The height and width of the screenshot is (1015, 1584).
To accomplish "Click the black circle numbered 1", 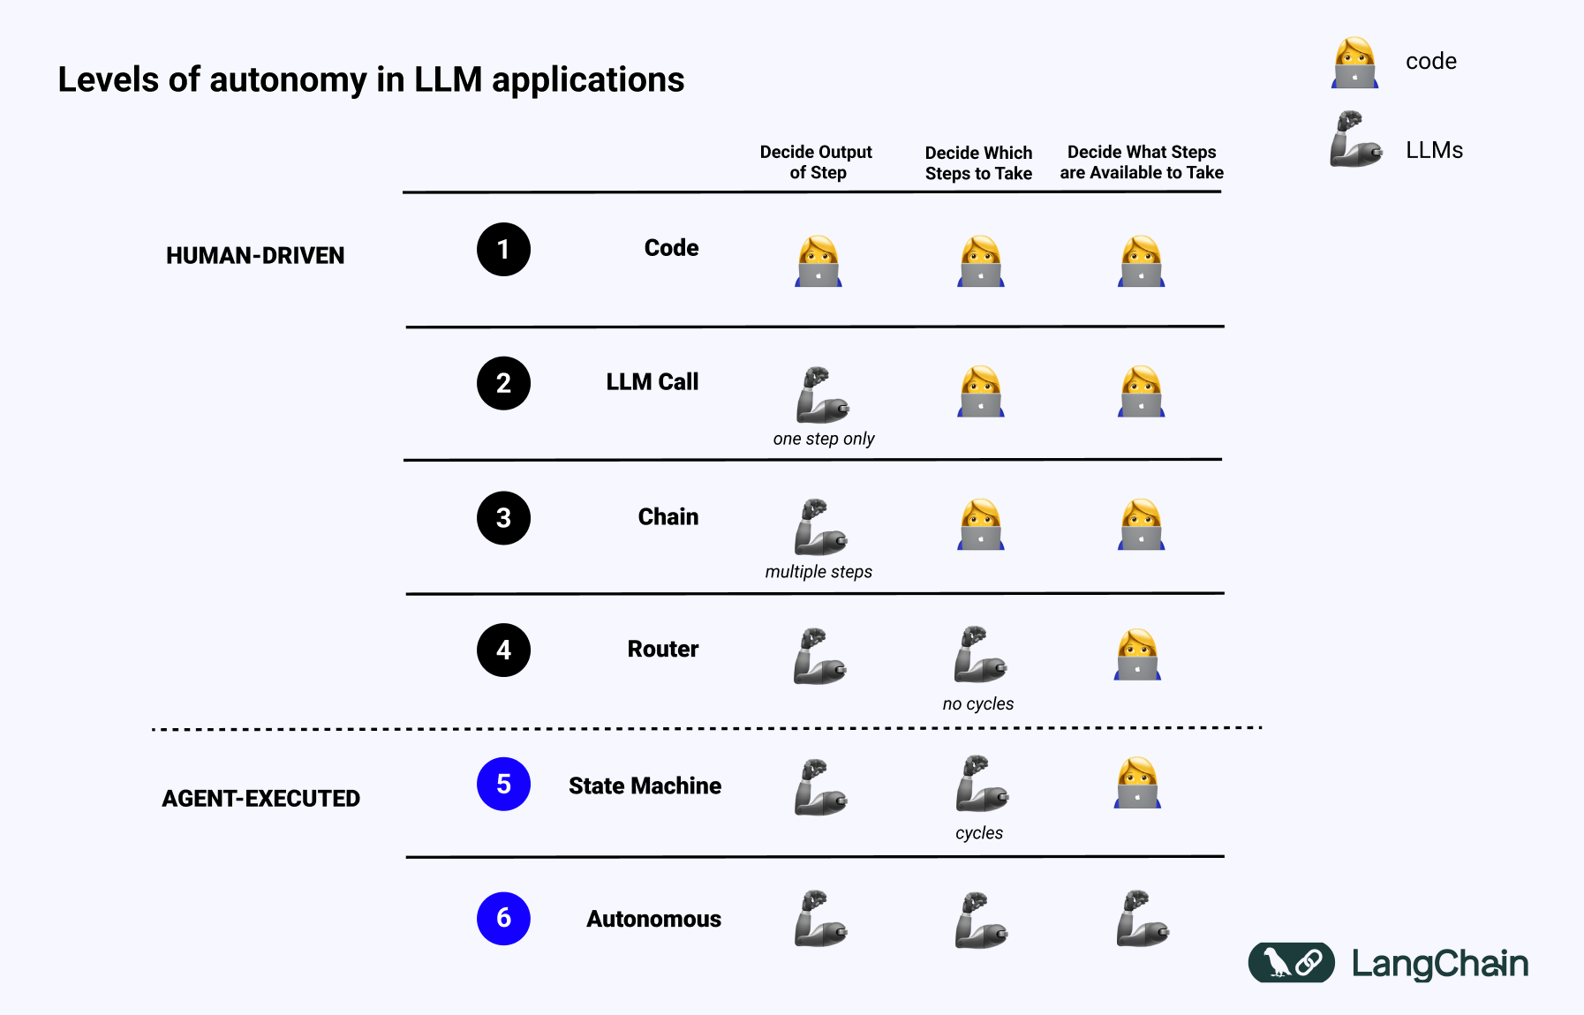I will pos(503,250).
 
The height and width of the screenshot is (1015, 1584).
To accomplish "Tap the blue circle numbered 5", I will pos(503,784).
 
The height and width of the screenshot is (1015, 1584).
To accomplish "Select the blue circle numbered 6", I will pos(503,918).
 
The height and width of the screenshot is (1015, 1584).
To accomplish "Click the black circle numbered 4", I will pos(503,650).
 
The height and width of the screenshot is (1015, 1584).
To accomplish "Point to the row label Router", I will pos(662,650).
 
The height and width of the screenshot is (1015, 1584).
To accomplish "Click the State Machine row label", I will pos(645,786).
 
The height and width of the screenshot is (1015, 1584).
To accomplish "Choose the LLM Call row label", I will pos(652,382).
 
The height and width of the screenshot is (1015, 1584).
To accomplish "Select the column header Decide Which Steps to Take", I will pos(978,163).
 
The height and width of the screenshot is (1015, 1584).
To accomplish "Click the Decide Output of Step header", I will pos(816,162).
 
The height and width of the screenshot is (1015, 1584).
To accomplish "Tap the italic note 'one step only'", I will pos(823,439).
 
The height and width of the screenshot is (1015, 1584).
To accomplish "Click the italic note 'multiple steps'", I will pos(818,572).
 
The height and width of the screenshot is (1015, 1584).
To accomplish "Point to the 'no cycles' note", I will pos(977,703).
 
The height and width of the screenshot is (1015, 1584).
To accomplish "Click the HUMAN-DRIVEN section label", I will pos(255,256).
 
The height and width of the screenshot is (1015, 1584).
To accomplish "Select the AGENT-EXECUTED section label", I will pos(260,799).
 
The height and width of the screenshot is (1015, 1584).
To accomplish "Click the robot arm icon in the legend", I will pos(1354,139).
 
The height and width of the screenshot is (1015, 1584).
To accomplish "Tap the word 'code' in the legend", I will pos(1430,62).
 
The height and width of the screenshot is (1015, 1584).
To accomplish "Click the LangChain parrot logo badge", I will pos(1291,962).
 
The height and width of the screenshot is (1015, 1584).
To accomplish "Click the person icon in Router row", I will pos(1137,654).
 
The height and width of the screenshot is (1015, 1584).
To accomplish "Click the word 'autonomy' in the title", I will pos(288,80).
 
